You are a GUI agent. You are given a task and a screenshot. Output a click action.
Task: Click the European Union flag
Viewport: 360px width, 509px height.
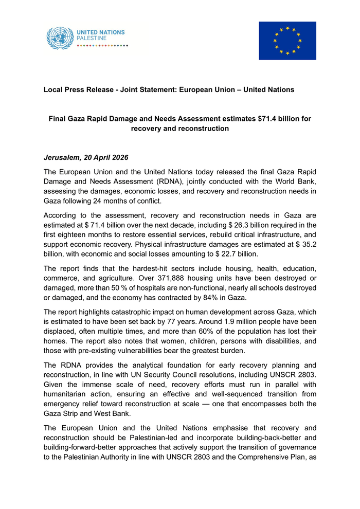(x=287, y=41)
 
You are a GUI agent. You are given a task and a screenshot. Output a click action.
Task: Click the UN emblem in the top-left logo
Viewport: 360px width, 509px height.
(x=60, y=38)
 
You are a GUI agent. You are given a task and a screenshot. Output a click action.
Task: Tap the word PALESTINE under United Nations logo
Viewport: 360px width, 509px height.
(x=92, y=39)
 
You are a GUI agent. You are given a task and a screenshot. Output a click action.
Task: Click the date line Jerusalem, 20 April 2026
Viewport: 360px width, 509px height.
(x=86, y=157)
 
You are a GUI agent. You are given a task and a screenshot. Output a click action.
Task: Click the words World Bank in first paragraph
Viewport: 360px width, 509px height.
(x=297, y=181)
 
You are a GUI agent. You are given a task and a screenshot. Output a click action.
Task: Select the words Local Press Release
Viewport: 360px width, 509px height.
(x=79, y=89)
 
